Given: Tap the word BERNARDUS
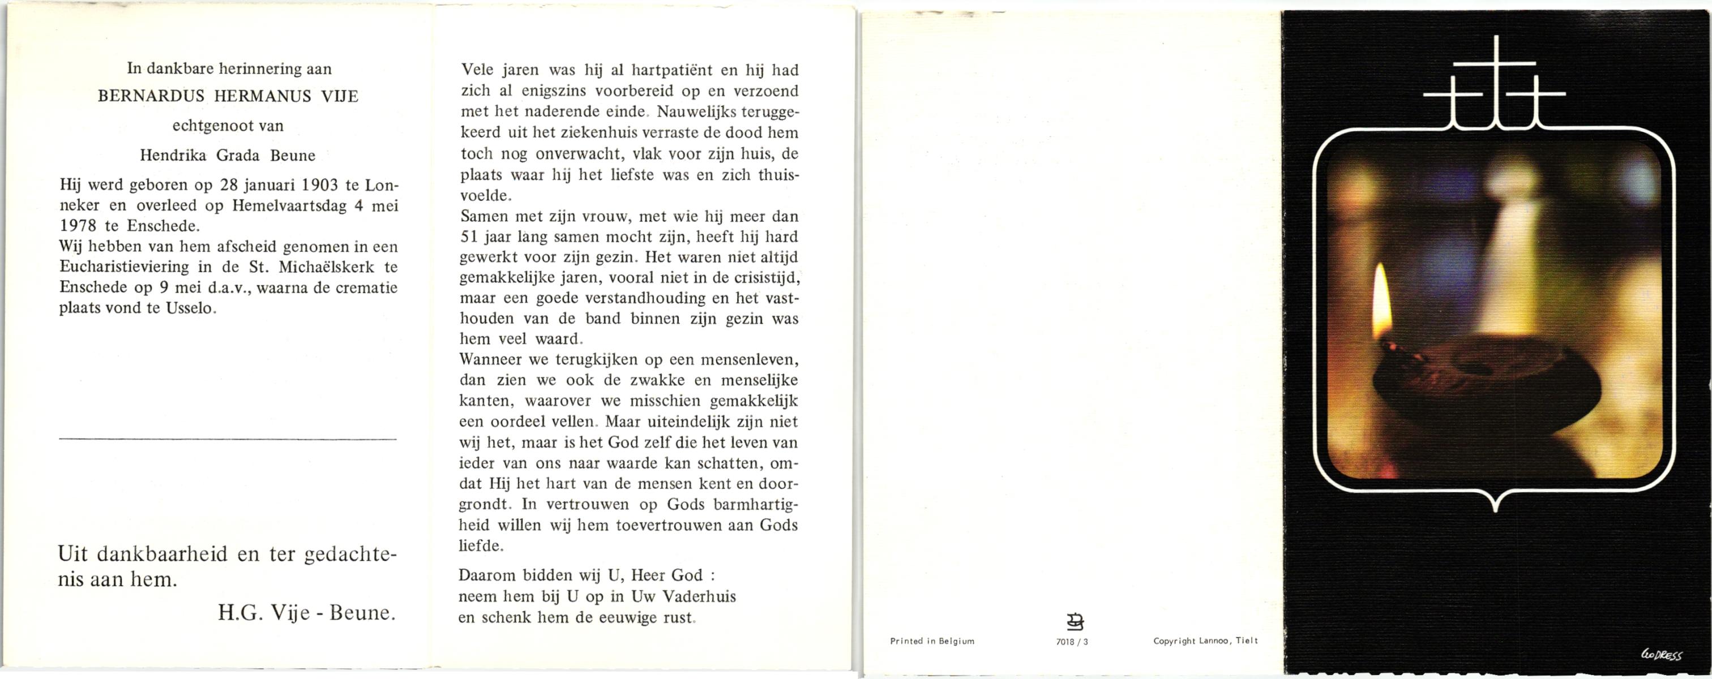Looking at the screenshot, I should point(152,97).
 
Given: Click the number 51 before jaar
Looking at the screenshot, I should point(469,237).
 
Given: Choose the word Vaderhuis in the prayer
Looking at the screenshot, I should point(700,596).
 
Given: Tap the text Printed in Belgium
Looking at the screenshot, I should point(932,641).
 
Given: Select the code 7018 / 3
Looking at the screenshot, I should point(1071,642).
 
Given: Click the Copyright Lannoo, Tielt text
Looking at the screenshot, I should point(1205,641).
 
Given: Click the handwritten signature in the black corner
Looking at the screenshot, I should point(1662,655).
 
